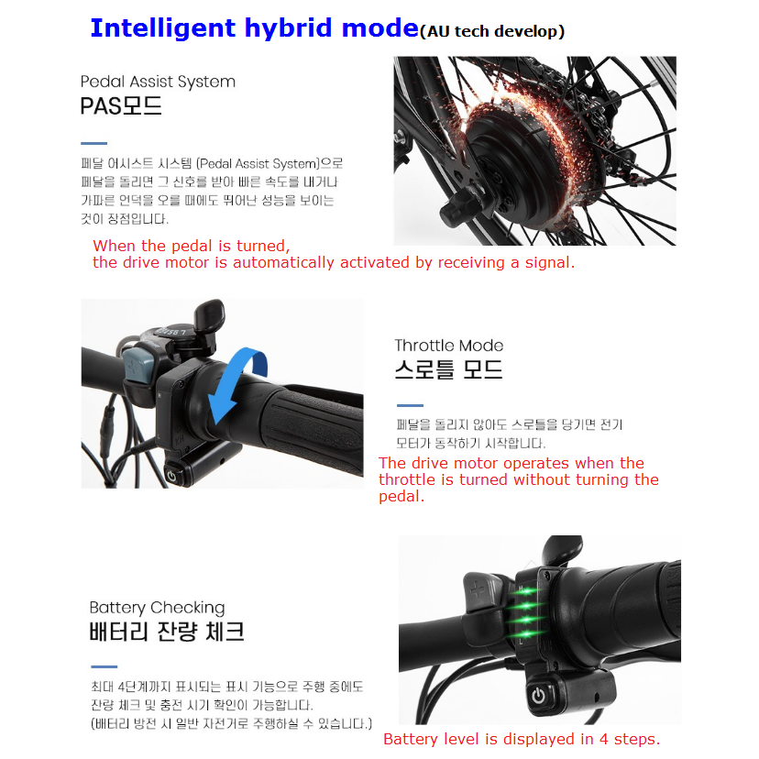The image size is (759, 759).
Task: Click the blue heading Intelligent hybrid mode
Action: point(255,28)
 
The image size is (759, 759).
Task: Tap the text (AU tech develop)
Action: point(492,31)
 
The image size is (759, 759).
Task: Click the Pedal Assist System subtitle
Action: point(158,82)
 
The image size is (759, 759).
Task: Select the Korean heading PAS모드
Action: point(121,105)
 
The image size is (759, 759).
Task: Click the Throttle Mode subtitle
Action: point(449,346)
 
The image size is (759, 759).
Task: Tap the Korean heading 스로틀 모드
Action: point(449,369)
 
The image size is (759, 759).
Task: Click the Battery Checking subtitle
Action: point(158,608)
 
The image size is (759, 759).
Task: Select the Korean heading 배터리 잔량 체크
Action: point(167,632)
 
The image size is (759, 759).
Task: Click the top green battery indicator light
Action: point(527,591)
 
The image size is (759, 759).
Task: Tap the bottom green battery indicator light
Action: point(527,633)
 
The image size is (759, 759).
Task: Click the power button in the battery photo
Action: point(539,696)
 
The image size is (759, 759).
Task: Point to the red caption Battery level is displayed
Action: point(522,739)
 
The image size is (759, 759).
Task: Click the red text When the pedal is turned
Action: point(192,246)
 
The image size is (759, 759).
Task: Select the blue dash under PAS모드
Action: point(93,143)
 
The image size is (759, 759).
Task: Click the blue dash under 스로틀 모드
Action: point(410,405)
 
